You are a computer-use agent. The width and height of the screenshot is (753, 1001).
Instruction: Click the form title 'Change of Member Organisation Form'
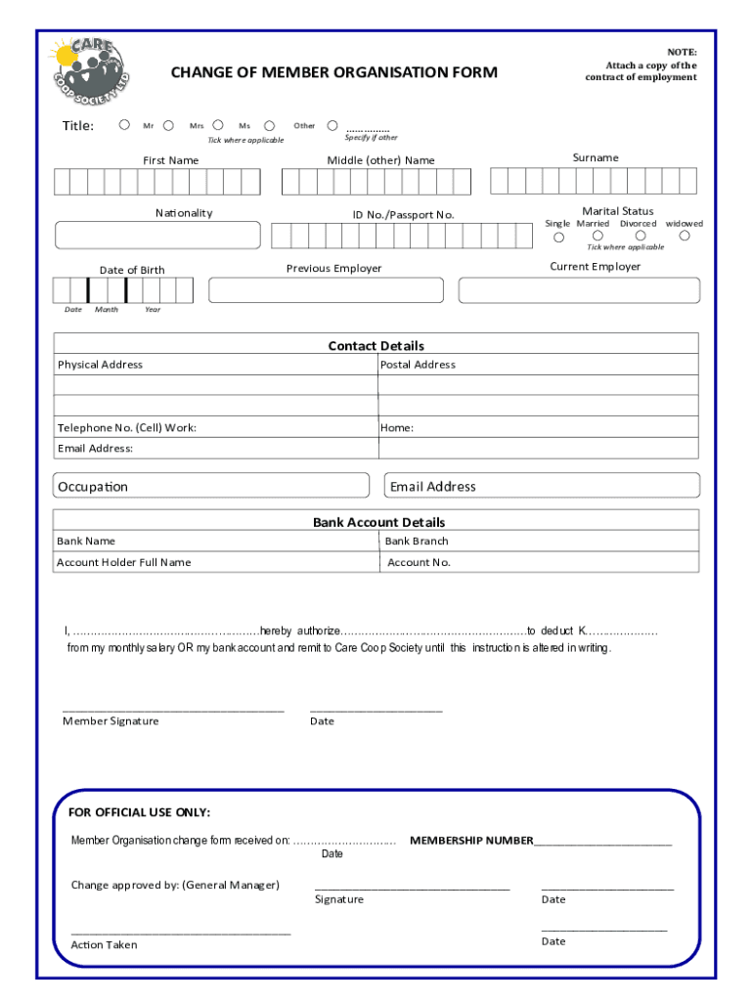(x=333, y=72)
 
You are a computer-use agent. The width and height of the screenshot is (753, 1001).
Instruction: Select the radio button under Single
(x=559, y=237)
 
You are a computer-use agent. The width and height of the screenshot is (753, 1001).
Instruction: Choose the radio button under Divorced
(x=638, y=237)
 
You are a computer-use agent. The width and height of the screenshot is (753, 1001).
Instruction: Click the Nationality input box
(x=157, y=236)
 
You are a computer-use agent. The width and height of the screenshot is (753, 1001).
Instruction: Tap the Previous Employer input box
(x=326, y=290)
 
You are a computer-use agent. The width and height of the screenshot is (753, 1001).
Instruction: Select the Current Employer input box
(x=579, y=290)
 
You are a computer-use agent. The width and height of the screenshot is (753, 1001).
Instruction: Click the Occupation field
(x=211, y=486)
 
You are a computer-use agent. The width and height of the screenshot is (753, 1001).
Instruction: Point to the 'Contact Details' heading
(x=376, y=346)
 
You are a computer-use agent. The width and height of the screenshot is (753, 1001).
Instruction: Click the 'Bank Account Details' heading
(x=378, y=522)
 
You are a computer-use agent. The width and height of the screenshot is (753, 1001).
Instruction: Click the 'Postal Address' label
(x=418, y=365)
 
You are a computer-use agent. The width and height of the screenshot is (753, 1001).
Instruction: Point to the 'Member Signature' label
(x=111, y=721)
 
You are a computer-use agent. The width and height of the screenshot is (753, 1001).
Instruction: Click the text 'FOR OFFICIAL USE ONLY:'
(x=139, y=812)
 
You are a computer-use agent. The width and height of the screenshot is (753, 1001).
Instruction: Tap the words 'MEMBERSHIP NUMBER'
(x=471, y=841)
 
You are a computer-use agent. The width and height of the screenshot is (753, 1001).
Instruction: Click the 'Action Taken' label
(x=104, y=945)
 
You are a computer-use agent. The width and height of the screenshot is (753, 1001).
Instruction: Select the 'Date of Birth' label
(x=132, y=270)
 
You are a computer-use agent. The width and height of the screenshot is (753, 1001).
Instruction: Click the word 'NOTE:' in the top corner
(x=682, y=52)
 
